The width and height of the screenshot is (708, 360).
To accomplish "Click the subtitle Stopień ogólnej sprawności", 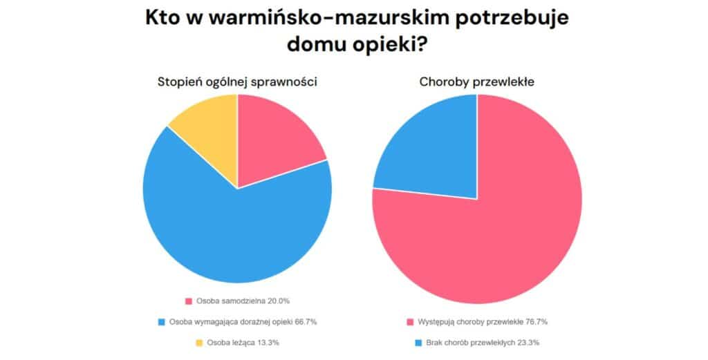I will pyautogui.click(x=237, y=82).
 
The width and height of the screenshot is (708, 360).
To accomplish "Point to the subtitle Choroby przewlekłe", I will pyautogui.click(x=476, y=82).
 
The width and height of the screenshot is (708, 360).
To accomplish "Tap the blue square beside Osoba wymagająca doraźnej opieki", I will pyautogui.click(x=161, y=322).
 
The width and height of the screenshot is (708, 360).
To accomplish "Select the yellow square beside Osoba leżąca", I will pyautogui.click(x=199, y=343).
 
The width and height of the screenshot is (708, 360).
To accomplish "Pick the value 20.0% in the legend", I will pyautogui.click(x=277, y=301).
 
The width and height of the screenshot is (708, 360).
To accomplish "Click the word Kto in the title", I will pyautogui.click(x=161, y=19).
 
